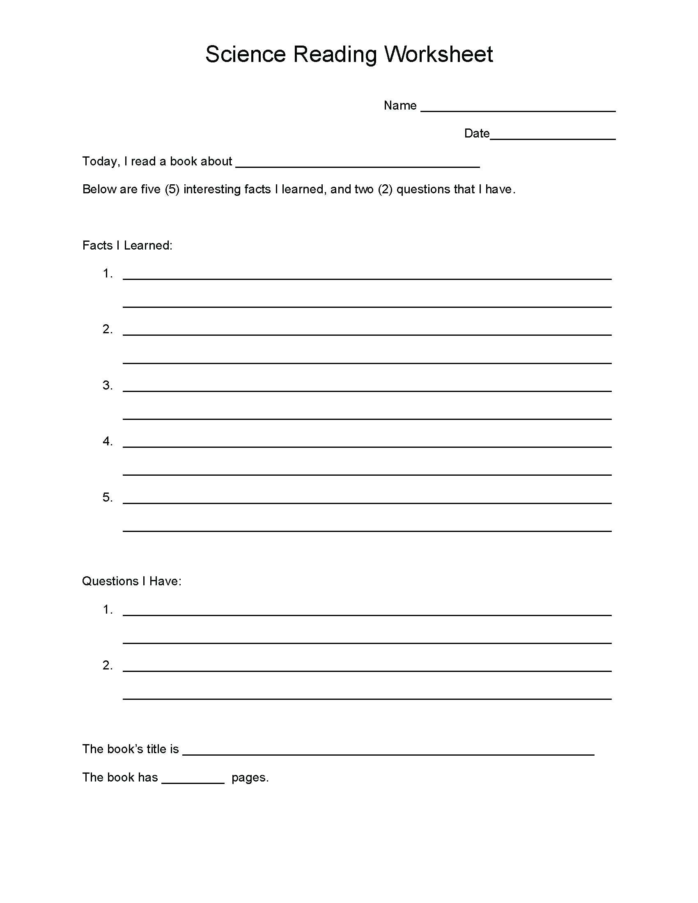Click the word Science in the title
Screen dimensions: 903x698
click(x=245, y=54)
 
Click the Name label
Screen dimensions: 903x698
click(x=400, y=105)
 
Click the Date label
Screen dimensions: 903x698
click(x=476, y=133)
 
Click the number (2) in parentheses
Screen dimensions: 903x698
click(x=385, y=189)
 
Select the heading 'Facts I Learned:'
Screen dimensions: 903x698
click(x=127, y=245)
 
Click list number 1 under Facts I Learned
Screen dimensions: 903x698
click(x=108, y=274)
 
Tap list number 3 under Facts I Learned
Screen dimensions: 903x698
click(x=108, y=385)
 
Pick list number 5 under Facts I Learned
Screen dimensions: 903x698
click(x=108, y=497)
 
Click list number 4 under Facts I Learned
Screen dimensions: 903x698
click(x=108, y=442)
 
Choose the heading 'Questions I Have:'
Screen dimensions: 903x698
click(x=132, y=581)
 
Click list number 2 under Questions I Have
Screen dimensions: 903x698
click(x=108, y=665)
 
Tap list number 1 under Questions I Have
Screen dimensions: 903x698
click(x=108, y=610)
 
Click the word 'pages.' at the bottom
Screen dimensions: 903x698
click(x=250, y=778)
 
